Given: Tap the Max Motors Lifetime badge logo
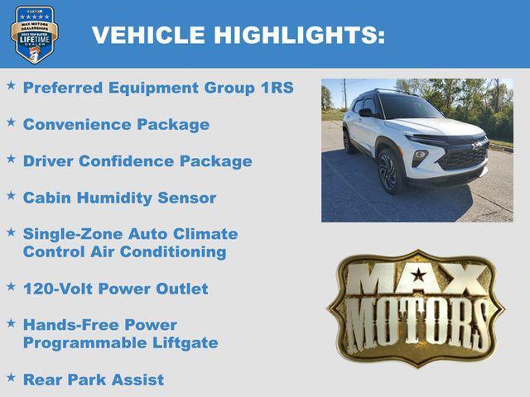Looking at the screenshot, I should (x=34, y=34).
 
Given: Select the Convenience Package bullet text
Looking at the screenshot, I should (x=116, y=125).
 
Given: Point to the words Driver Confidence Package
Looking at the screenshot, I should (x=137, y=161).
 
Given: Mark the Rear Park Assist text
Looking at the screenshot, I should (x=93, y=380).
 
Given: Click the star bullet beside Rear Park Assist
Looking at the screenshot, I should (x=11, y=377).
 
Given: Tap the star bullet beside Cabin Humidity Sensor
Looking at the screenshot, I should (x=11, y=196).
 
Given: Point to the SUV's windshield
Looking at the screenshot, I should (x=409, y=108).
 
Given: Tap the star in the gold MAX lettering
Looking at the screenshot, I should (x=418, y=275).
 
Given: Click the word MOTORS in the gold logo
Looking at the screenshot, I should (x=417, y=323).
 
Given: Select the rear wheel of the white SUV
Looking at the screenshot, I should (x=349, y=141).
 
